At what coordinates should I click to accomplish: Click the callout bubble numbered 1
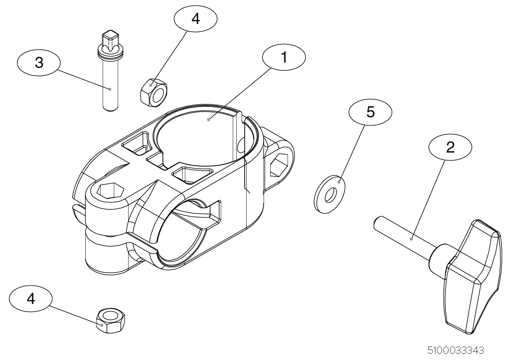click(x=284, y=57)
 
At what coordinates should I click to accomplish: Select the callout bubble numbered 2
click(x=450, y=147)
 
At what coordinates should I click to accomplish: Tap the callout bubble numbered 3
click(x=39, y=62)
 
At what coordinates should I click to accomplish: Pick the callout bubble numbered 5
click(x=370, y=112)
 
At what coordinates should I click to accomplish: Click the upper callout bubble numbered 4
click(x=196, y=18)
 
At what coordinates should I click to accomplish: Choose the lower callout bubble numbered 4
click(x=31, y=298)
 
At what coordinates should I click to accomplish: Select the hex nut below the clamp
click(x=110, y=320)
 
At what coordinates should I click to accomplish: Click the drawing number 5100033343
click(x=456, y=350)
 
